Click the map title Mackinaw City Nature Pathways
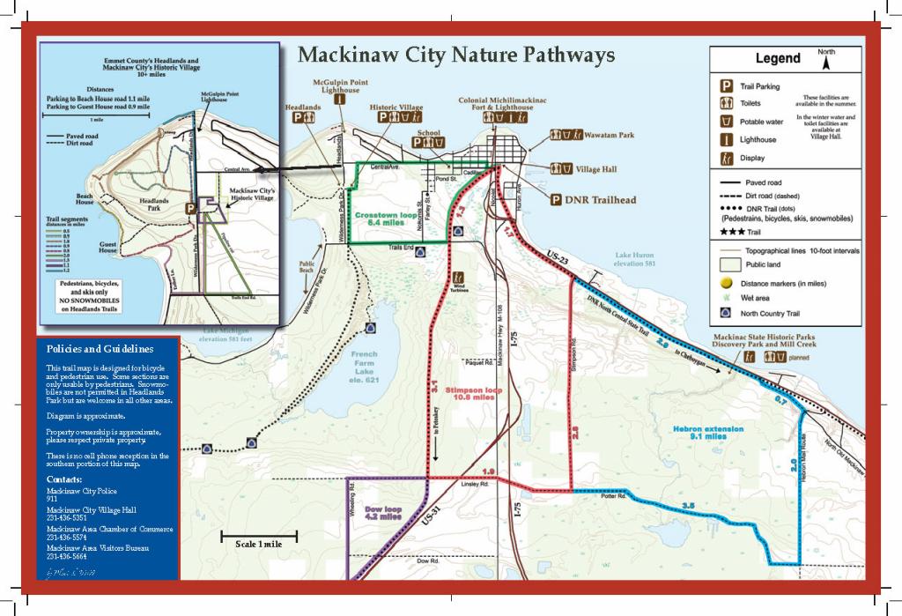point(455,56)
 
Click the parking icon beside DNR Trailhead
point(556,200)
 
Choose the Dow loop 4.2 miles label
point(383,512)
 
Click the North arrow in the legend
point(825,63)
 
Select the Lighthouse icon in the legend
point(728,139)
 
